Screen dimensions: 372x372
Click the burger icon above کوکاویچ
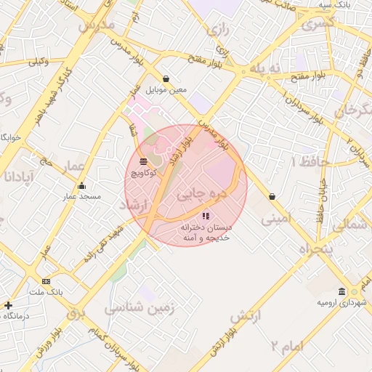point(142,161)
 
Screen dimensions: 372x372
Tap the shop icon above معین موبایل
point(166,78)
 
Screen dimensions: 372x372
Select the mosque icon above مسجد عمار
point(81,185)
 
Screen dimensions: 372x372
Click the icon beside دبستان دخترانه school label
point(206,216)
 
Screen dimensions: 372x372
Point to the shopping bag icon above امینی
point(272,196)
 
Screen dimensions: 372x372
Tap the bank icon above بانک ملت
point(46,281)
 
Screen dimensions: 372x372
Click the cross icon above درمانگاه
point(8,306)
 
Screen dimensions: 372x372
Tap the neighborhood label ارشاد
point(132,206)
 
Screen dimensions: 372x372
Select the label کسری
point(318,23)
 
